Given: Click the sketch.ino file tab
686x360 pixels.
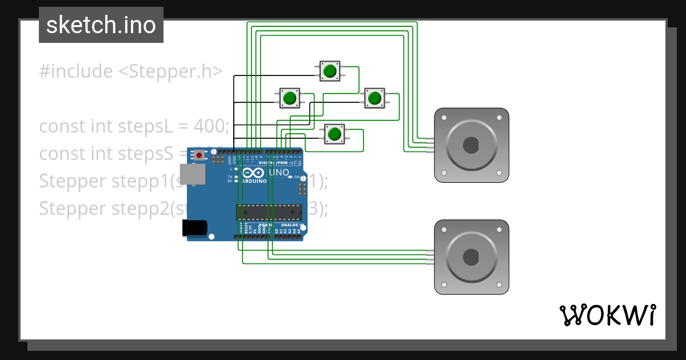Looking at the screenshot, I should click(x=101, y=25).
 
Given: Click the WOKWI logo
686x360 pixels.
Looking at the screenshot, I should click(x=607, y=315).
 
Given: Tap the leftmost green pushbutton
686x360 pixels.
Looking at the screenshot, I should click(x=289, y=98).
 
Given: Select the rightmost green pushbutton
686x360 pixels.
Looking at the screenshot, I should click(x=374, y=98).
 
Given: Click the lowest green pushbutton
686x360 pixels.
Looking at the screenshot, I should click(x=334, y=134).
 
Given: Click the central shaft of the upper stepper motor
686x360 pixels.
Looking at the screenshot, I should click(x=471, y=145).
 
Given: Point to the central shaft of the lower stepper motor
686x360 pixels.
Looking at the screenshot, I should click(x=471, y=257).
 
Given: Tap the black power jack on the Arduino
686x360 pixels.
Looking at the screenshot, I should click(x=194, y=227).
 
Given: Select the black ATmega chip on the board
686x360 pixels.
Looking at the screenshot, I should click(x=269, y=212).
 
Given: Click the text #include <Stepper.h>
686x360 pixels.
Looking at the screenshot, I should click(x=130, y=71).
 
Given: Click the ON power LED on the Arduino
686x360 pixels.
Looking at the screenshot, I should click(x=291, y=177).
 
